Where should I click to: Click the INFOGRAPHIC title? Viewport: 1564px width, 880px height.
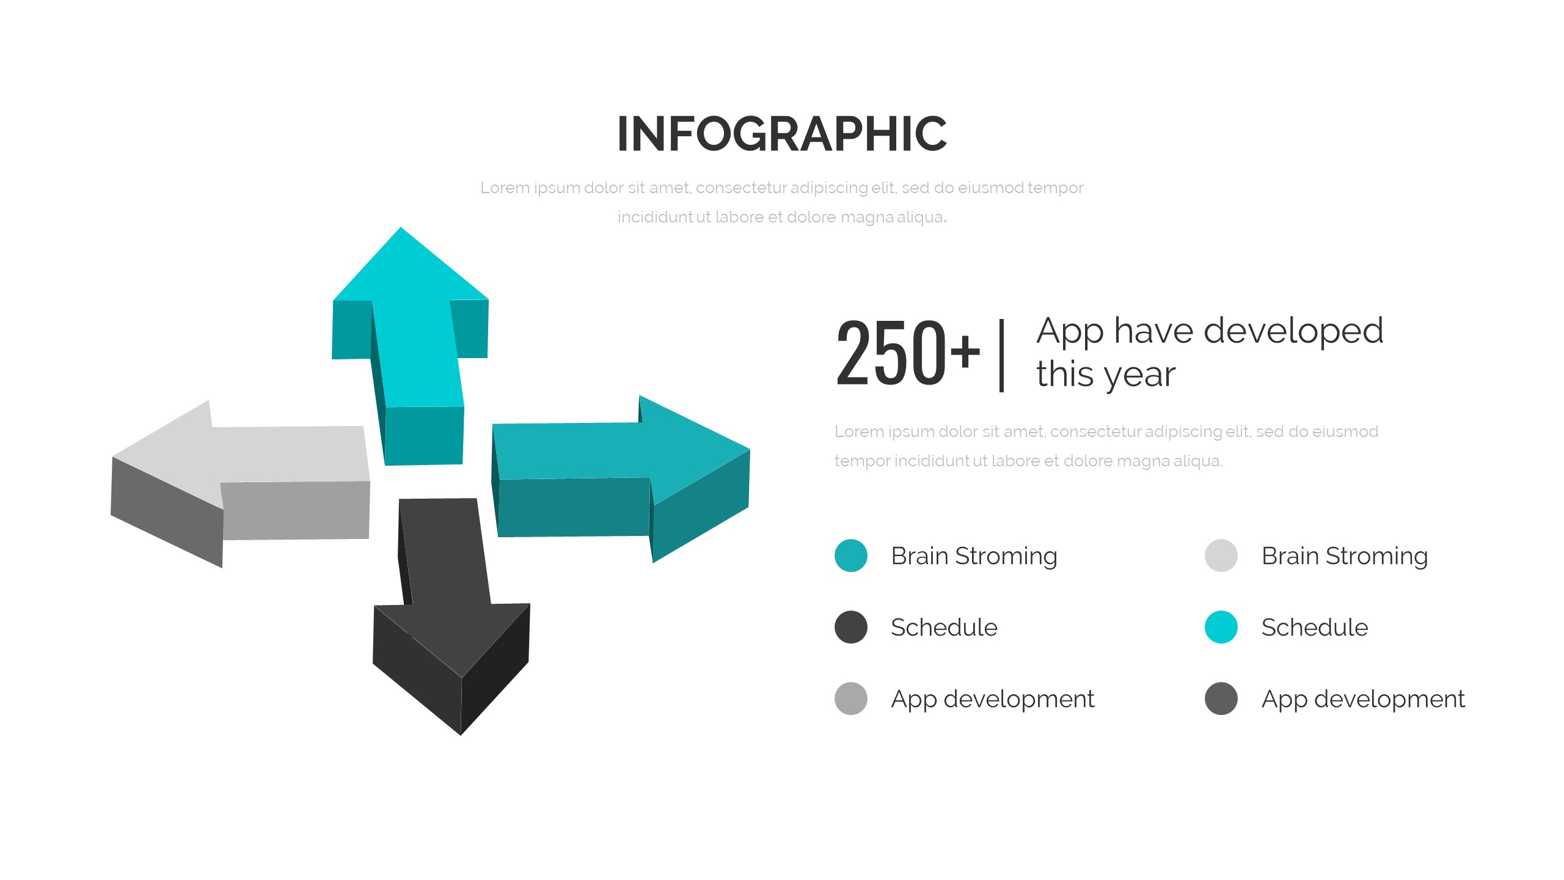[782, 134]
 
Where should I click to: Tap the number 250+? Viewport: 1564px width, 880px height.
[908, 354]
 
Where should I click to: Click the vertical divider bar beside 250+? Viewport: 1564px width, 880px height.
[1001, 355]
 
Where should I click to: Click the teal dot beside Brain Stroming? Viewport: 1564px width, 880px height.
[851, 555]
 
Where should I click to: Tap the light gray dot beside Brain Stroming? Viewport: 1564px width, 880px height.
[1221, 555]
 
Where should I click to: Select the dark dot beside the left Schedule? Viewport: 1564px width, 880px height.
[851, 627]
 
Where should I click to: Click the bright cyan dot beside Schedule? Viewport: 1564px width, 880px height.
[1221, 627]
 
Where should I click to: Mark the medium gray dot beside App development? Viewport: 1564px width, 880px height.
[851, 698]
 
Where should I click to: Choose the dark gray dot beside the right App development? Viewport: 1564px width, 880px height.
[1221, 698]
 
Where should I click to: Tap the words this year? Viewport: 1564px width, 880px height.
[1106, 375]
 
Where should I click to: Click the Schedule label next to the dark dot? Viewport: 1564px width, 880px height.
[944, 628]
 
